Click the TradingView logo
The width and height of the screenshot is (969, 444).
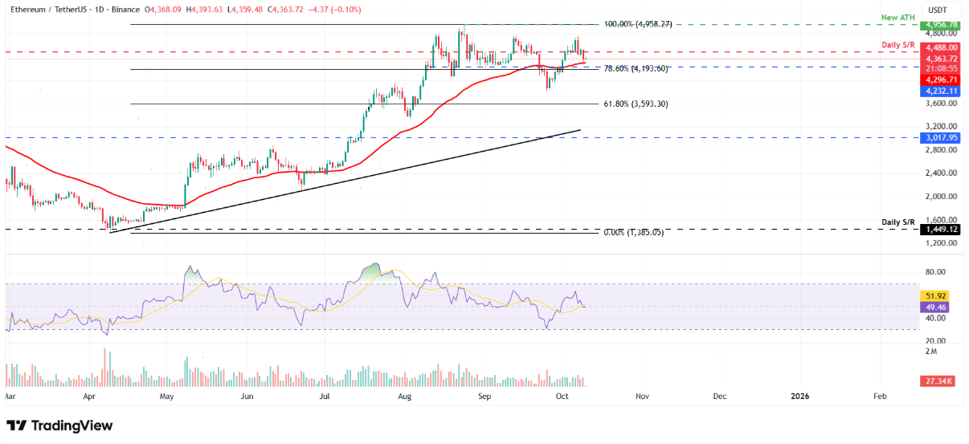click(59, 426)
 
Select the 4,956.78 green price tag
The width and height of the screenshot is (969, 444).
click(938, 25)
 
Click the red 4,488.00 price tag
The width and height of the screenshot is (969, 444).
click(938, 48)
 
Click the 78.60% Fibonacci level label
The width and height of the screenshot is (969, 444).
click(635, 69)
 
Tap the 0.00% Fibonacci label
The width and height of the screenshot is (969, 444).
click(633, 233)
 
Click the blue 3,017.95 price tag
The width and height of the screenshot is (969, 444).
click(938, 137)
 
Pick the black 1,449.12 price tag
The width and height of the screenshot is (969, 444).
click(938, 229)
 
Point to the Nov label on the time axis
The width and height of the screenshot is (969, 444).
click(642, 397)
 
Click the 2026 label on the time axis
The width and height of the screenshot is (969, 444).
click(799, 397)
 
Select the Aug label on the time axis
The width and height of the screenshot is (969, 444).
click(405, 397)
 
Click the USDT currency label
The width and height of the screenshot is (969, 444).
click(937, 10)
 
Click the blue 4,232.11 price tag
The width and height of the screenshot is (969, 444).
click(938, 92)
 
